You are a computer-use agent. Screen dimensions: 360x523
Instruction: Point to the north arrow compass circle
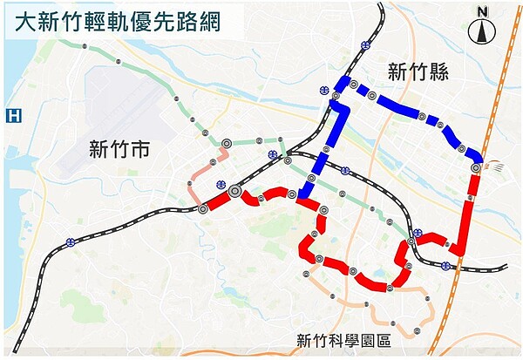coord(481,33)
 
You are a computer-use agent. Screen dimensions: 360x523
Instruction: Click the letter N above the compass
coord(481,10)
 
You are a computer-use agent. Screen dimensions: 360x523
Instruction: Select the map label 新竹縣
coord(418,73)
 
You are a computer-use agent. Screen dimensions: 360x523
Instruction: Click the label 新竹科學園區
coord(343,341)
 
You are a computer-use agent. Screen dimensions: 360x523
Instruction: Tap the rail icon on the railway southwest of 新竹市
coord(69,241)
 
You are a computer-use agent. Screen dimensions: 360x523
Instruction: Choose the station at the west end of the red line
coord(203,209)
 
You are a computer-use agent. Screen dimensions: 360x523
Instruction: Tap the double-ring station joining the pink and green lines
coord(226,142)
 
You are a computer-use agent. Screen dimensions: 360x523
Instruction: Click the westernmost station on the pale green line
coord(84,44)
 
